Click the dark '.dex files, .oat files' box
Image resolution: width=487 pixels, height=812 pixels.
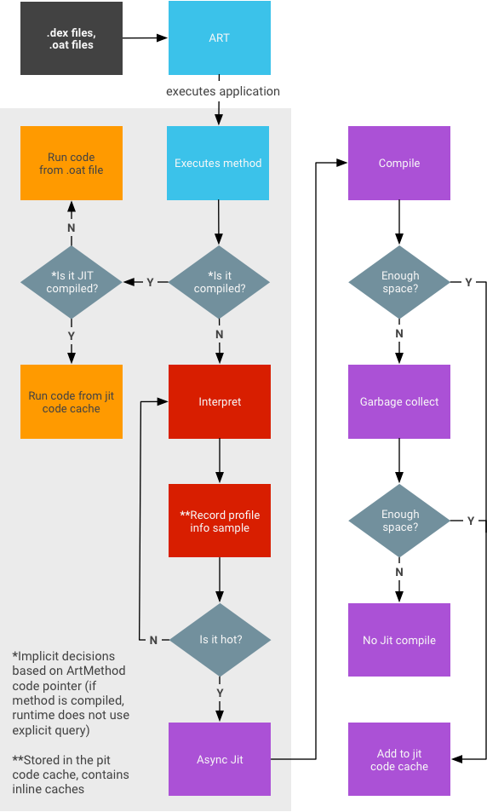pos(71,38)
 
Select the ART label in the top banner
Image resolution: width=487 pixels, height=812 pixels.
pos(219,38)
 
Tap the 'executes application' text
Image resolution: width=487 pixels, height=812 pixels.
pos(222,91)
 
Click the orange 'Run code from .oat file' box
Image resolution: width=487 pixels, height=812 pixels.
pos(72,163)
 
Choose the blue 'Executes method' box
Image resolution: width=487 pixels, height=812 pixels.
pos(218,163)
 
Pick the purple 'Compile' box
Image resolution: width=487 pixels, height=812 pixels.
pos(399,163)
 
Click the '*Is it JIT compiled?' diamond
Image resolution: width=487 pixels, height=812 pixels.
pos(72,282)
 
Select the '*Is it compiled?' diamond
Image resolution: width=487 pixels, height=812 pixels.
pos(219,282)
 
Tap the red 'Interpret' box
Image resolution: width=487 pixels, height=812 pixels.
pos(220,401)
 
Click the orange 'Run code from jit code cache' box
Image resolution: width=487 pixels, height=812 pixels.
pos(72,401)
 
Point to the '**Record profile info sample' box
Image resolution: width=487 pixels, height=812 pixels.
pos(220,521)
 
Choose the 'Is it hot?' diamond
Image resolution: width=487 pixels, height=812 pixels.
pos(221,639)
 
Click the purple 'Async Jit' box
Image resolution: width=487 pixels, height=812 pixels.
pos(220,759)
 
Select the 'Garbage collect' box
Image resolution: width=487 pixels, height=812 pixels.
pos(399,401)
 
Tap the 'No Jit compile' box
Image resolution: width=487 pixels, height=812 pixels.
pos(399,640)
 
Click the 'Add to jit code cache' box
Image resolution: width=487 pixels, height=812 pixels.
pos(399,759)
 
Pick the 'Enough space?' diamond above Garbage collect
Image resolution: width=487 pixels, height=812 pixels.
pos(399,282)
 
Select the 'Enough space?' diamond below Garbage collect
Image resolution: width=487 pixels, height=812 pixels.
pos(399,521)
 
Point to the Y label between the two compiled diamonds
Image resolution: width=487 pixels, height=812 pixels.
pos(150,282)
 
